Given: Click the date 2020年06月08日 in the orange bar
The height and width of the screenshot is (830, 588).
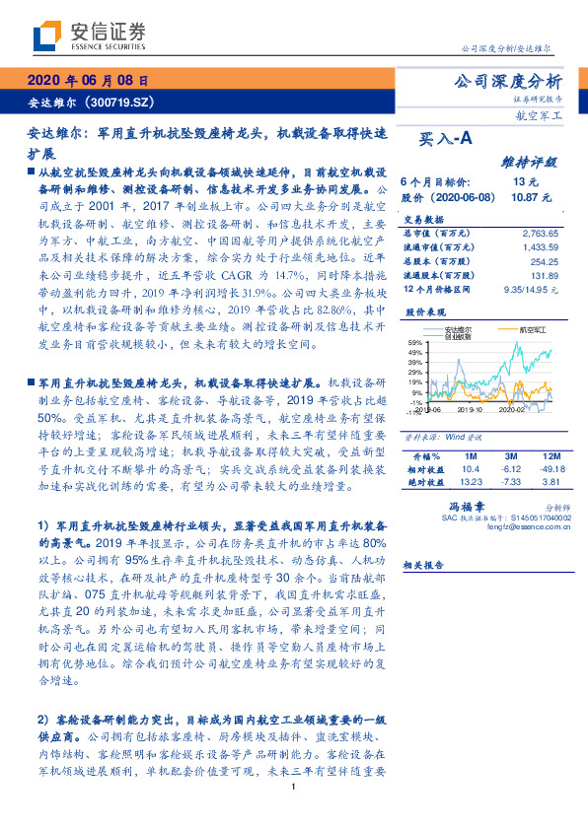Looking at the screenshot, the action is [88, 80].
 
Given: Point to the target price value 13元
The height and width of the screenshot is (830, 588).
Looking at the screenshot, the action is [525, 182].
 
